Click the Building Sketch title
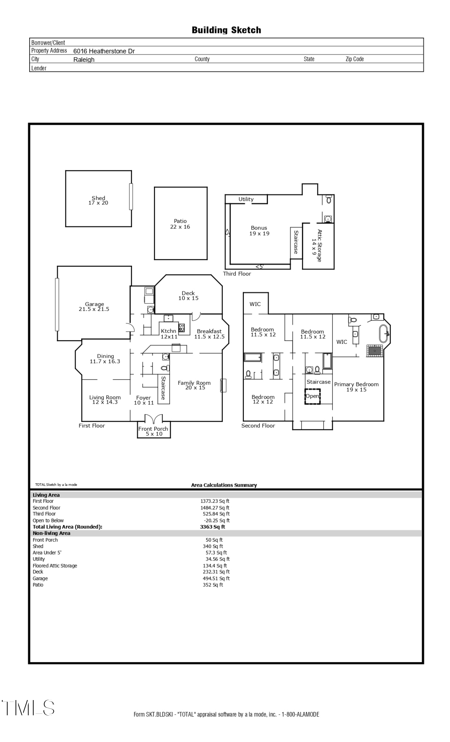(x=226, y=30)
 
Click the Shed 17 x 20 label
(x=98, y=200)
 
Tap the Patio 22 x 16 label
(x=180, y=224)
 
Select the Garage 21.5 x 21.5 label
(x=94, y=306)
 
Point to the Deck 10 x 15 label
(x=188, y=296)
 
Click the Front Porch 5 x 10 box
(x=153, y=431)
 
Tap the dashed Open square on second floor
(x=312, y=396)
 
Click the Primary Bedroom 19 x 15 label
(x=356, y=387)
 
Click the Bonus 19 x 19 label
(x=259, y=230)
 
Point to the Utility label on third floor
(x=246, y=199)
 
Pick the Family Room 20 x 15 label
(x=194, y=385)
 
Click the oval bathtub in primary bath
(x=383, y=334)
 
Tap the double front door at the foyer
(x=153, y=419)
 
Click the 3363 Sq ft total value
(x=212, y=527)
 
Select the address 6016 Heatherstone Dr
(x=104, y=51)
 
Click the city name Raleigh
(x=84, y=60)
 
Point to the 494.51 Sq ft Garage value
(x=216, y=578)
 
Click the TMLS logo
(x=28, y=708)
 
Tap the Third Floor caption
(x=237, y=274)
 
